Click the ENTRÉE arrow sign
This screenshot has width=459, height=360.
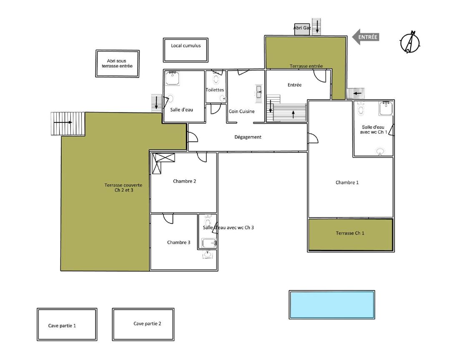point(366,37)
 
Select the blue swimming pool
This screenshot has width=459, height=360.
point(332,305)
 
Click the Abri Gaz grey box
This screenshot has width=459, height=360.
point(302,29)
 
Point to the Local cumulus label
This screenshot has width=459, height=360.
point(186,46)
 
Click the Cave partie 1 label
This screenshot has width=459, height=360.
point(62,326)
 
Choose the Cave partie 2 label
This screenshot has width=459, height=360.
point(147,324)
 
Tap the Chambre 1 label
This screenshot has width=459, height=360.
point(347,182)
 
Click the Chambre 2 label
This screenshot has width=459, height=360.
point(184,182)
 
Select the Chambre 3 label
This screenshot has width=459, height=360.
point(178,242)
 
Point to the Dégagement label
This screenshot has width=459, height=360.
point(248,137)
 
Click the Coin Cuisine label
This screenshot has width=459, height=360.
point(241,112)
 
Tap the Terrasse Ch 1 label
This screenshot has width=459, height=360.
point(350,233)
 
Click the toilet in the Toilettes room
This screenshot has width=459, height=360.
point(216,79)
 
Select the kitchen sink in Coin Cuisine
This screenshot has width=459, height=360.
point(259,92)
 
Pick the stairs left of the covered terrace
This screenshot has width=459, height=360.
point(68,124)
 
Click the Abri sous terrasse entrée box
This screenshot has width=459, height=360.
point(118,63)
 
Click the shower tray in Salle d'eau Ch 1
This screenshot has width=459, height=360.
point(386,109)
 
